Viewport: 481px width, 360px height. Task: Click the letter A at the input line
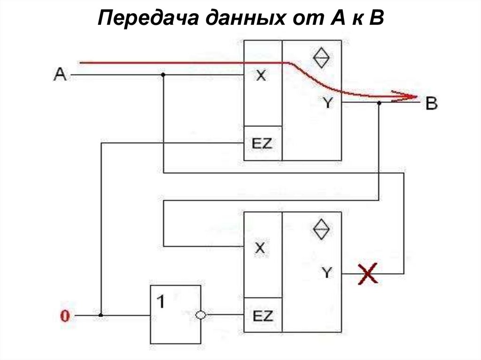[60, 74]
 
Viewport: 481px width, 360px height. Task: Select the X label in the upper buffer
[260, 76]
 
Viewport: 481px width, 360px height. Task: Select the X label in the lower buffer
[260, 248]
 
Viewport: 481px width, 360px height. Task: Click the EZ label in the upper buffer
[262, 143]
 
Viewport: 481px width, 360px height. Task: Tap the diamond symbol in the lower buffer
[322, 229]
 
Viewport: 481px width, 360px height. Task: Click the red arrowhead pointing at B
[409, 97]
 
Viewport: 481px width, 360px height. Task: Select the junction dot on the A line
[163, 75]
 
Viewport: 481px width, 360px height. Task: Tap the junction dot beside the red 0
[101, 315]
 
